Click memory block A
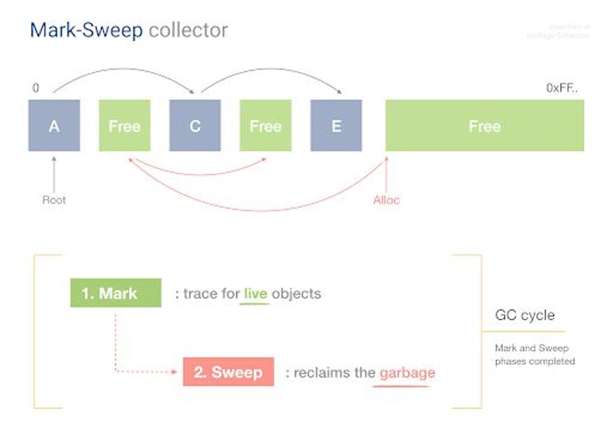click(54, 126)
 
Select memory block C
click(195, 126)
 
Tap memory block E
click(336, 126)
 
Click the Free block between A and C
click(124, 126)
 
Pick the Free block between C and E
click(265, 126)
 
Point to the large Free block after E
click(484, 126)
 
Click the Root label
click(54, 200)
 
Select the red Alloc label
click(387, 200)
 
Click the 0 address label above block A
click(36, 88)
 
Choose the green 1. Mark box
click(116, 293)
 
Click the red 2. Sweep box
click(228, 372)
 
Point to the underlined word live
click(255, 294)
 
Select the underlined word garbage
click(407, 373)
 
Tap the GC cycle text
click(524, 315)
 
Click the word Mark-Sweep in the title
click(86, 30)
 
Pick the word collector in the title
click(188, 30)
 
